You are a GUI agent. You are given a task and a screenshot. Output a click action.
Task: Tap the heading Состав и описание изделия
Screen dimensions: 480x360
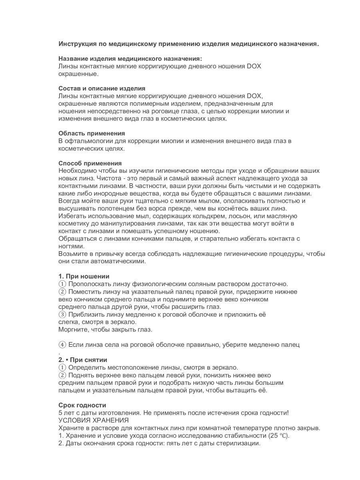[x=102, y=88]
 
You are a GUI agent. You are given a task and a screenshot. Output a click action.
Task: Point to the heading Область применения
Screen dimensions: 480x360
[x=92, y=133]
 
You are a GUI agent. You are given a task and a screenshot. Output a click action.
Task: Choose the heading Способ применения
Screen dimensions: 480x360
[x=90, y=163]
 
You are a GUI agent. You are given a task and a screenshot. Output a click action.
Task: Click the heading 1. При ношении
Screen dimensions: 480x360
[x=84, y=276]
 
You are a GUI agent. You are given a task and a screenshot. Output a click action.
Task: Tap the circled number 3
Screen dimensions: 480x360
[x=62, y=314]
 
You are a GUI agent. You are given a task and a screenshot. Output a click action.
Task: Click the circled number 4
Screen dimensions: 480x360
[x=62, y=344]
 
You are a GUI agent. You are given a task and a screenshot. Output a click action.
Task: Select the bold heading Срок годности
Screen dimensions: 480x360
[x=82, y=405]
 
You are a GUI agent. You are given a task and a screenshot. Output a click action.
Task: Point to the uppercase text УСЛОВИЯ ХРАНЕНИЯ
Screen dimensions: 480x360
[x=94, y=420]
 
